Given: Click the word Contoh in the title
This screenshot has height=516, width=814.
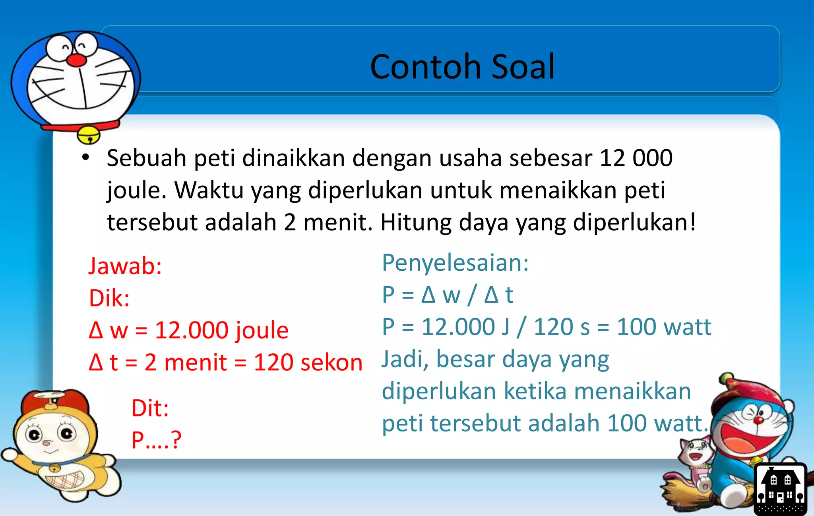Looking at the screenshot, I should click(426, 67).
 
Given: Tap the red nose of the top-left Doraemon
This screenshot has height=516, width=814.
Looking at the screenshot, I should click(76, 60).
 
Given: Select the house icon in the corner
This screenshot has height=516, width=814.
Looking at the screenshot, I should click(780, 489).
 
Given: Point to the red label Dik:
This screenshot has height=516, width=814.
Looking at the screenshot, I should click(109, 298).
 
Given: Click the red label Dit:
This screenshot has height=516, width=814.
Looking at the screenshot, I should click(150, 408).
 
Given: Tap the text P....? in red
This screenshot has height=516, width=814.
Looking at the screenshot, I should click(156, 440).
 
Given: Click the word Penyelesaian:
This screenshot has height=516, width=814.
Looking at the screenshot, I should click(455, 263).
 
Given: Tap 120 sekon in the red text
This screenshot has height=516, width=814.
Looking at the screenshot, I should click(308, 362).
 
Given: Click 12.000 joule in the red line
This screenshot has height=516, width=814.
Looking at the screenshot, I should click(221, 330).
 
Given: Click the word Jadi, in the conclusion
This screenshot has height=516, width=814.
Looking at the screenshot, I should click(405, 359).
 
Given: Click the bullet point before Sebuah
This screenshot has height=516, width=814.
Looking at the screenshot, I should click(85, 158).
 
